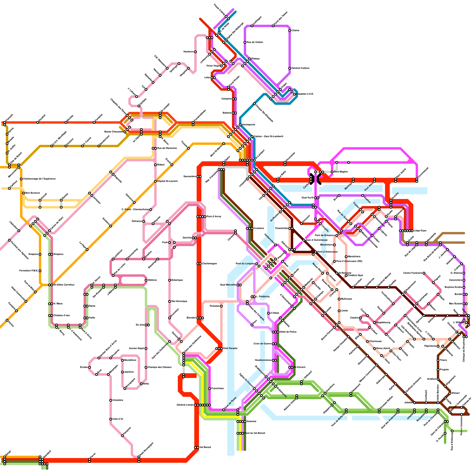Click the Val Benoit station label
(205, 447)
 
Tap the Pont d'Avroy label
(214, 217)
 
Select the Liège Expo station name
(420, 231)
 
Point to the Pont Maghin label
(341, 172)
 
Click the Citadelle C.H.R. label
(305, 94)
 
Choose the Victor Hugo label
(213, 66)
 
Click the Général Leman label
(185, 405)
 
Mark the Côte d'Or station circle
(111, 419)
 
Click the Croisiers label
(259, 228)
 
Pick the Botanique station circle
(170, 280)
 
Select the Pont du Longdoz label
(245, 264)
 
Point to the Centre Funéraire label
(413, 273)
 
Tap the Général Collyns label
(301, 68)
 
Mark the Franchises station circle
(210, 389)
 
